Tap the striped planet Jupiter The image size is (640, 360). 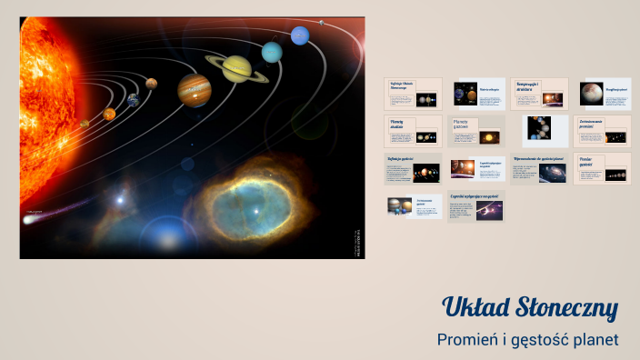(x=195, y=89)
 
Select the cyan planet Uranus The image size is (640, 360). (x=272, y=52)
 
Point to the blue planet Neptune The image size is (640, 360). (x=300, y=35)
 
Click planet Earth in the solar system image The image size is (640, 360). (x=133, y=101)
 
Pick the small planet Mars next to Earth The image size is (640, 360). (x=152, y=84)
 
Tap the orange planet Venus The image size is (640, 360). (x=109, y=115)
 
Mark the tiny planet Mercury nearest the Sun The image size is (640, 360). (x=85, y=124)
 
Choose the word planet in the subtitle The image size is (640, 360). (x=595, y=339)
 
